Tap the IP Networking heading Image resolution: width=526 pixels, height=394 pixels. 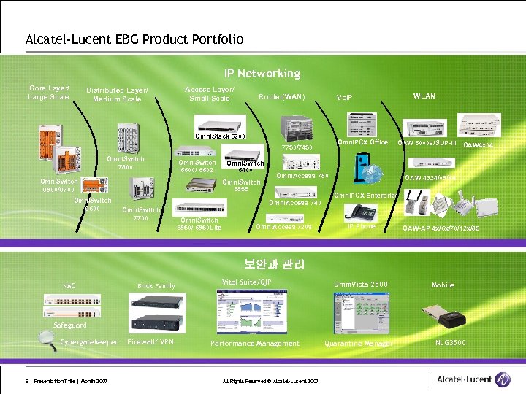pyautogui.click(x=262, y=74)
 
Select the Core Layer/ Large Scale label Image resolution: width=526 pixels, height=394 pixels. pyautogui.click(x=48, y=93)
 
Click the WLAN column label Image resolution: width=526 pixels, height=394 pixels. pyautogui.click(x=424, y=96)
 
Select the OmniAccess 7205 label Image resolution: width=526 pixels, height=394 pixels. pyautogui.click(x=283, y=227)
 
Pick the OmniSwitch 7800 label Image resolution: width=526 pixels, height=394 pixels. pyautogui.click(x=126, y=162)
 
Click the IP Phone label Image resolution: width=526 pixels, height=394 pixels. pyautogui.click(x=361, y=226)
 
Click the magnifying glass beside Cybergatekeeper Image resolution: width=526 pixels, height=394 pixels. pyautogui.click(x=47, y=338)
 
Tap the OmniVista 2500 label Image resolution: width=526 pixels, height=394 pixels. pyautogui.click(x=361, y=284)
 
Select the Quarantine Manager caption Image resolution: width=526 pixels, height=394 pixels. pyautogui.click(x=358, y=344)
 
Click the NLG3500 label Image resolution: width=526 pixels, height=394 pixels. pyautogui.click(x=451, y=341)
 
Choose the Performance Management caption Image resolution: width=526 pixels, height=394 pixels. pyautogui.click(x=255, y=344)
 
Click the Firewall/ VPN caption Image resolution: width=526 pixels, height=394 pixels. pyautogui.click(x=150, y=341)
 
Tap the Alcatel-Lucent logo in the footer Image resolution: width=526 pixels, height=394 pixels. pyautogui.click(x=473, y=379)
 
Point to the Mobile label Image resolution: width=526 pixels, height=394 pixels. pyautogui.click(x=443, y=285)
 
